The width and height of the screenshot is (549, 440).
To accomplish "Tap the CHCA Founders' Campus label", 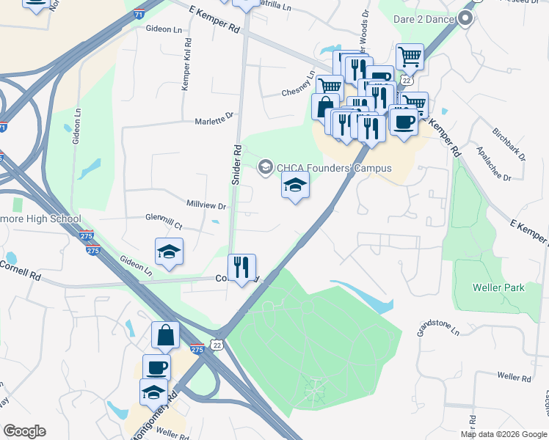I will pyautogui.click(x=333, y=168).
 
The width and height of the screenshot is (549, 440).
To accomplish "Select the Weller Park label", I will pyautogui.click(x=499, y=287).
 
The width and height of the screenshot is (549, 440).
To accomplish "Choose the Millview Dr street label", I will pyautogui.click(x=206, y=207).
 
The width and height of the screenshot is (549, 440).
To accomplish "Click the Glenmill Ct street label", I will pyautogui.click(x=164, y=218).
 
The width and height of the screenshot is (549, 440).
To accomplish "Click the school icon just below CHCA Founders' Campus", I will pyautogui.click(x=295, y=185).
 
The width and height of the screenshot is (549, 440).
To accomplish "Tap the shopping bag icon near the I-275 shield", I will pyautogui.click(x=165, y=334).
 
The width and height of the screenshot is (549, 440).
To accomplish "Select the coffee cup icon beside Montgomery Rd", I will pyautogui.click(x=156, y=365).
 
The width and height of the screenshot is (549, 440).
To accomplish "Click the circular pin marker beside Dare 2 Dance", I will pyautogui.click(x=465, y=20).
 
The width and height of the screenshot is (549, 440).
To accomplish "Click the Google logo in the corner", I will pyautogui.click(x=24, y=431).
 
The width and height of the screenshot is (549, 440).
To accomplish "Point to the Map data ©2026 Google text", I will pyautogui.click(x=503, y=434).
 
